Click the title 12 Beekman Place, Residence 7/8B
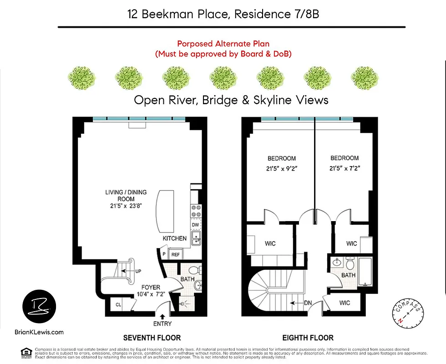pyautogui.click(x=223, y=14)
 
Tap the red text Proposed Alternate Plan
pyautogui.click(x=223, y=44)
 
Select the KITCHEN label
pyautogui.click(x=175, y=238)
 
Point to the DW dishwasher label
pyautogui.click(x=195, y=225)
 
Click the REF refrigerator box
pyautogui.click(x=175, y=255)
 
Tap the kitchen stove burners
pyautogui.click(x=196, y=211)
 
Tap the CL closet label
pyautogui.click(x=118, y=305)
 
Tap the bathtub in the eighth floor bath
pyautogui.click(x=365, y=271)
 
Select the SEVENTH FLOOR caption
pyautogui.click(x=152, y=338)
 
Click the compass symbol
pyautogui.click(x=408, y=313)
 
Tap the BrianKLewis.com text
pyautogui.click(x=39, y=332)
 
